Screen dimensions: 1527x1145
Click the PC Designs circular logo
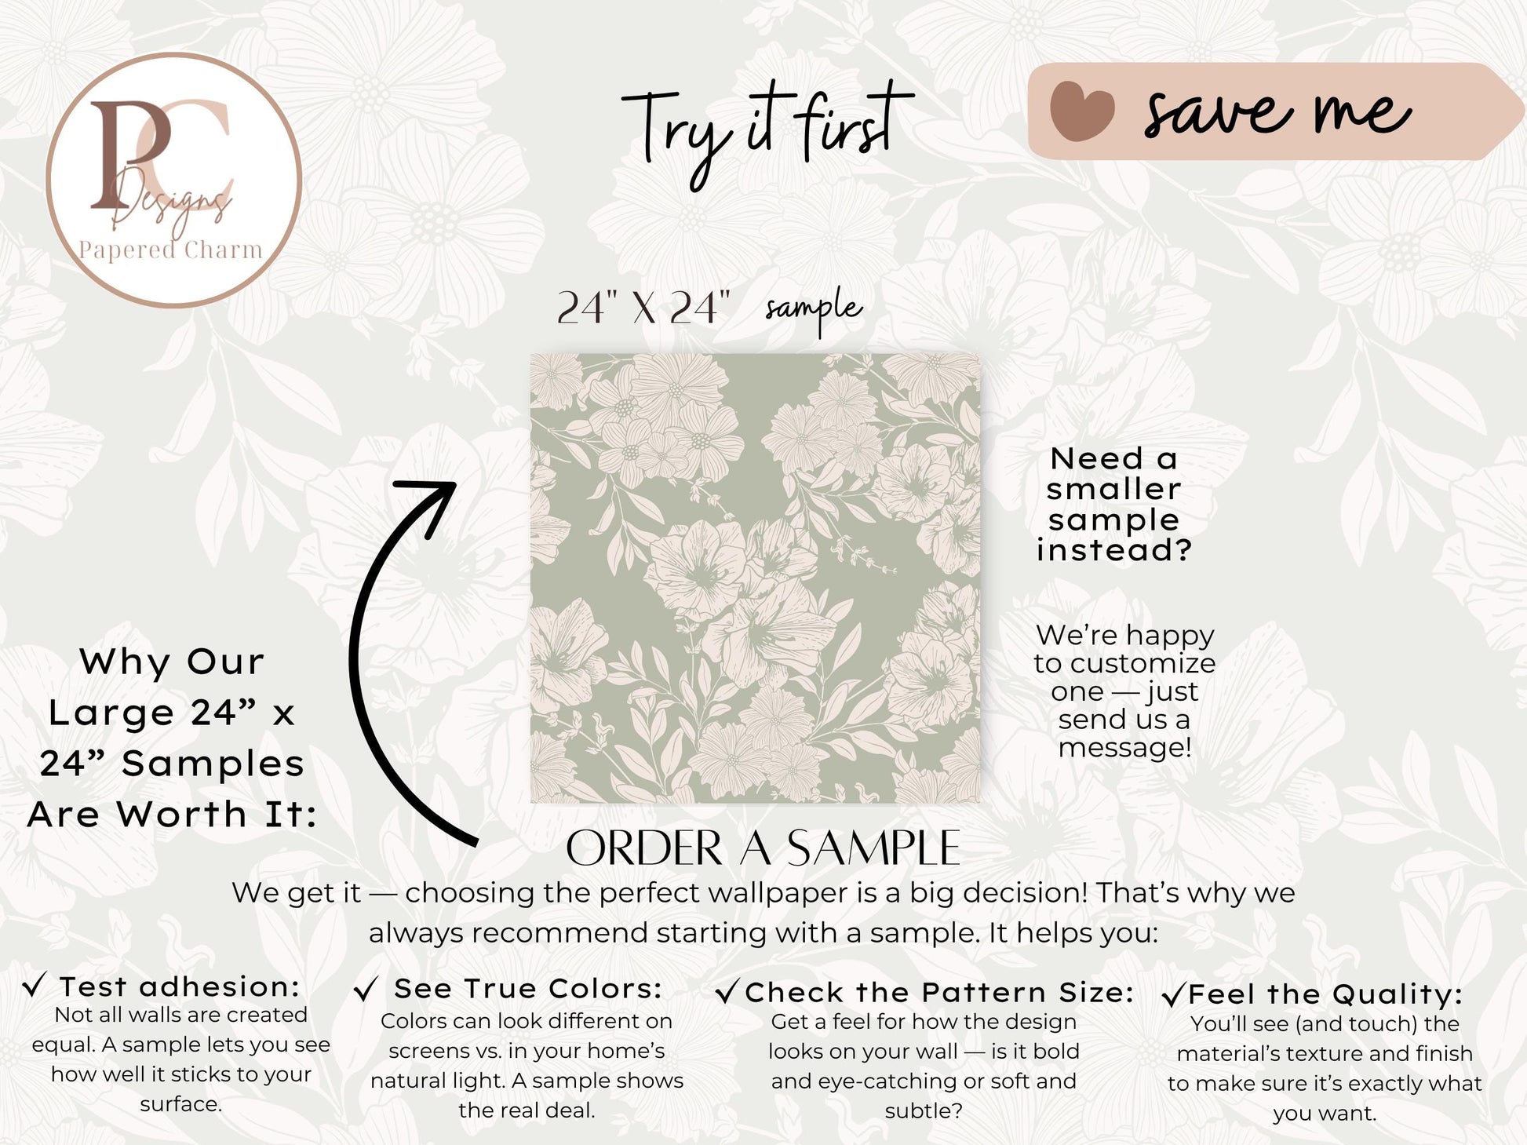174,180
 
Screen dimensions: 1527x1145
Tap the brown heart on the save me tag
1082,111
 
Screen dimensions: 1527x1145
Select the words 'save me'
1277,113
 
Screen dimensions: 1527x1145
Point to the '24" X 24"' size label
643,307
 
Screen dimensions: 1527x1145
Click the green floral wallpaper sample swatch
755,578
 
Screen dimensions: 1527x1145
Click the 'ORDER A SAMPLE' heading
763,848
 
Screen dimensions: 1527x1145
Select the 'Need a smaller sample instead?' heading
1114,504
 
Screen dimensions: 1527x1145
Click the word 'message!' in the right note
1124,748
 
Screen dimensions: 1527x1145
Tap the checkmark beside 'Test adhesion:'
35,985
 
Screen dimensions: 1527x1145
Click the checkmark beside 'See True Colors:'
366,989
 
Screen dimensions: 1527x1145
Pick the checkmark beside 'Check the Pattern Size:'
727,992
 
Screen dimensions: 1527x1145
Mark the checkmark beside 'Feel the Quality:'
1173,995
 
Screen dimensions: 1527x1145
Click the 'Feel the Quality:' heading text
1325,994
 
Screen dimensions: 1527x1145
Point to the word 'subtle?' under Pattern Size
924,1111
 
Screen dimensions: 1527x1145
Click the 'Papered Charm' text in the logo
170,250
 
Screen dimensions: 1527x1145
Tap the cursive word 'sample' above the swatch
814,308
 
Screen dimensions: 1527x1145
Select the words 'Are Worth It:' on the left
173,815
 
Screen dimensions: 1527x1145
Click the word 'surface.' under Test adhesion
181,1104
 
